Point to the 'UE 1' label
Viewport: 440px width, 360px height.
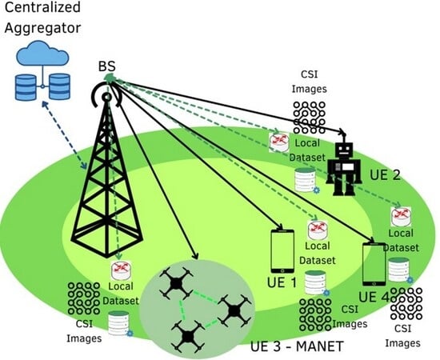(x=281, y=282)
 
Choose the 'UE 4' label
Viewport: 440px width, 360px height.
(x=373, y=297)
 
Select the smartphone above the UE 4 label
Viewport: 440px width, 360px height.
(x=375, y=264)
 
